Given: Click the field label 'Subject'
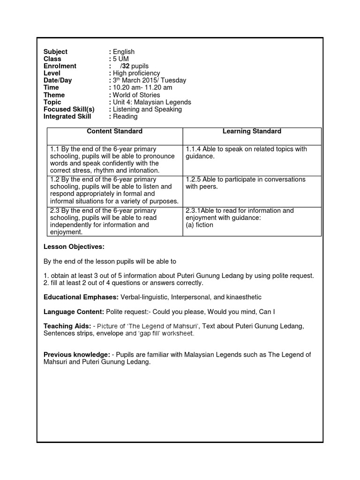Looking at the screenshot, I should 55,52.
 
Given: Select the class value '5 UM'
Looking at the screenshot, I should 120,59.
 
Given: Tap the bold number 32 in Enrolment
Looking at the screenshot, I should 125,66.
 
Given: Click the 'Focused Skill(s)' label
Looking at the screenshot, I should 69,109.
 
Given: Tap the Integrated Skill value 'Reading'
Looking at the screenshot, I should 125,116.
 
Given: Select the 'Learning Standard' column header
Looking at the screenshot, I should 252,131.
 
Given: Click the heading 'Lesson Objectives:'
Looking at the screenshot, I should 74,247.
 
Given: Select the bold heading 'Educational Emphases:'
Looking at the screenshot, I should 81,297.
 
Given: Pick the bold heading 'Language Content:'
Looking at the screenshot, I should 74,312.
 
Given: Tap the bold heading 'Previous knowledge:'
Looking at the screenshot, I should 77,355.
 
